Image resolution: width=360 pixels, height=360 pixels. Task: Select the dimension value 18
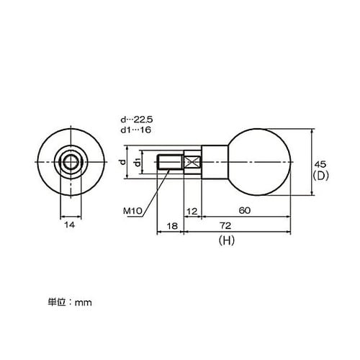click(171, 225)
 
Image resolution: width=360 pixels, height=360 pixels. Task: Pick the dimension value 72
click(236, 226)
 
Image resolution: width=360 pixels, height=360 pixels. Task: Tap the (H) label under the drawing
click(227, 243)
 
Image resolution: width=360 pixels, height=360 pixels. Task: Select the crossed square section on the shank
click(192, 163)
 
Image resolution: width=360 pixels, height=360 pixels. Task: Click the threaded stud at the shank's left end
click(169, 162)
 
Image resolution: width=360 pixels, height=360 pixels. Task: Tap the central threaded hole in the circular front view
click(71, 163)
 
